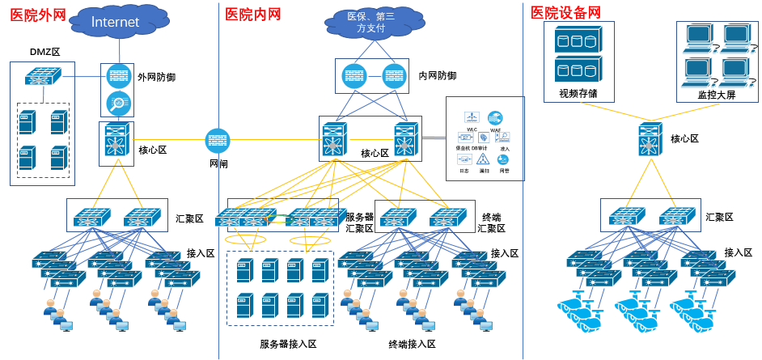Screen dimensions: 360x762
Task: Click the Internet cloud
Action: (115, 22)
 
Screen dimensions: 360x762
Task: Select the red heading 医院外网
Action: (37, 14)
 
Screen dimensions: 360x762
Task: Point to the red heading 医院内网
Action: (252, 14)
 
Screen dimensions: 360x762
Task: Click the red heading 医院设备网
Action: (566, 12)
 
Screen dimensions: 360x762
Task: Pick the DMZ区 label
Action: (45, 52)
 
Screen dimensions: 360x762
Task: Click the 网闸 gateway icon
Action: (218, 141)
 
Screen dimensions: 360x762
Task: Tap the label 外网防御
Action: (157, 78)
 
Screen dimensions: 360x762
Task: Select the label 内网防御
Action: (437, 76)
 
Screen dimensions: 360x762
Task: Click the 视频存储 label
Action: (578, 93)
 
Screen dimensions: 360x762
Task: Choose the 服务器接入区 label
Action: (288, 344)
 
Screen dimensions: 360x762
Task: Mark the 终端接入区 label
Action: (412, 344)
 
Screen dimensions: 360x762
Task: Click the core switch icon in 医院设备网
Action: (650, 140)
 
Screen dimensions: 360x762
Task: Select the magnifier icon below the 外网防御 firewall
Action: (118, 103)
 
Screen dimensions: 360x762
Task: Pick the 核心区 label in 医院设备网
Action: (684, 139)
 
